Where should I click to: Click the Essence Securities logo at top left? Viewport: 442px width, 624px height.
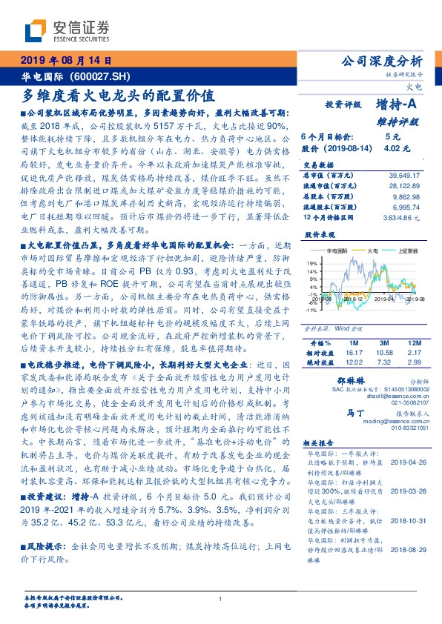67,30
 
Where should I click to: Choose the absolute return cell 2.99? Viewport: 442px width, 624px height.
414,362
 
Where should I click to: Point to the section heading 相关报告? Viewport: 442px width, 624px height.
321,462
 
